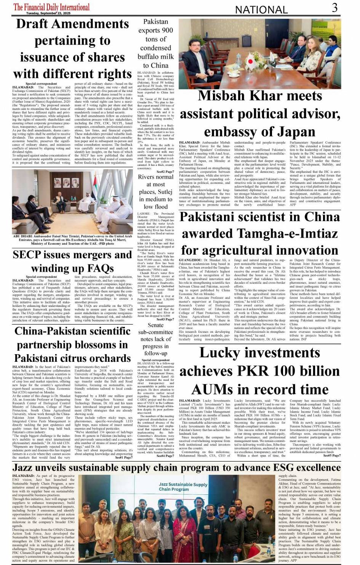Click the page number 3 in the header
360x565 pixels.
point(334,8)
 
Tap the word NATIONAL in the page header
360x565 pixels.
point(261,10)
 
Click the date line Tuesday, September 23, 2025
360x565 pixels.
point(48,13)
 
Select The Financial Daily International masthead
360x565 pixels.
point(51,7)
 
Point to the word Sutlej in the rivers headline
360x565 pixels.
point(165,192)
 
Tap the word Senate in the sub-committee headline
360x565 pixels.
point(155,325)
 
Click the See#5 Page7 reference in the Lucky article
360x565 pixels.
point(332,456)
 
